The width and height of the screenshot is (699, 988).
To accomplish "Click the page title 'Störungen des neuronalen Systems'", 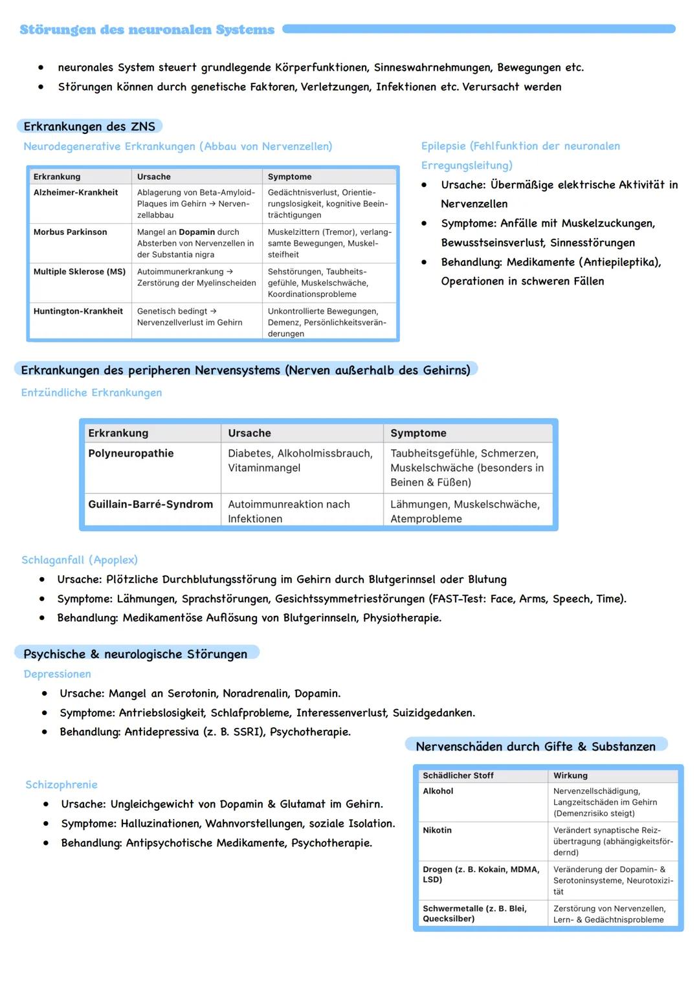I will point(147,30).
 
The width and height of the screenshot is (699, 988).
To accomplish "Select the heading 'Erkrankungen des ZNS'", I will point(89,127).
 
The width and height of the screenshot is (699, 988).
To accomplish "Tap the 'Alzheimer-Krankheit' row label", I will point(76,193).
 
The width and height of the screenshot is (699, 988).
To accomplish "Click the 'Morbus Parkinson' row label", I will point(71,232).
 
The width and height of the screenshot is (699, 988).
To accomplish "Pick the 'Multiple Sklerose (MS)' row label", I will point(80,272).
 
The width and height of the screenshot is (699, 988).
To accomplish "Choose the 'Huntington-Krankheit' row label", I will point(78,311).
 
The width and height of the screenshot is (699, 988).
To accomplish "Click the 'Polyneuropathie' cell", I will point(131,454).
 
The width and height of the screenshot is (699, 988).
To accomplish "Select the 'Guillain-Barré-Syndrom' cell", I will point(150,505).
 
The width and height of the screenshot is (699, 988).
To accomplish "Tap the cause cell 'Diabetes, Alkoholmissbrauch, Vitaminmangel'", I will point(300,461).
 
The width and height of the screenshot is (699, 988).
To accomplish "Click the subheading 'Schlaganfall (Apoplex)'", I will point(80,560).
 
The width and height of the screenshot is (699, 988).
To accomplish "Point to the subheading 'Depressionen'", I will point(58,674).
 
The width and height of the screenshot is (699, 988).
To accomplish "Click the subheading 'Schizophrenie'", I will point(61,785).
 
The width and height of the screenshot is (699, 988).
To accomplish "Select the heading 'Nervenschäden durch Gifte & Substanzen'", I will point(535,747).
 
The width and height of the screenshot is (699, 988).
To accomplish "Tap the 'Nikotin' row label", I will point(438,831).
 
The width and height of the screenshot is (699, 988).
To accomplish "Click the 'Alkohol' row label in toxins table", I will point(438,791).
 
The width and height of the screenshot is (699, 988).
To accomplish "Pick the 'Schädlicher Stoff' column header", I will point(458,776).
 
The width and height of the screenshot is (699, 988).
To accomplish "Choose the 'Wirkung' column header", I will point(570,776).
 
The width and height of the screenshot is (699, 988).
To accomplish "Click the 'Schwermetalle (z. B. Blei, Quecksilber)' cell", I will point(474,914).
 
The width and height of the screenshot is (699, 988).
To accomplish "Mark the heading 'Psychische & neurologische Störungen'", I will point(135,654).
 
